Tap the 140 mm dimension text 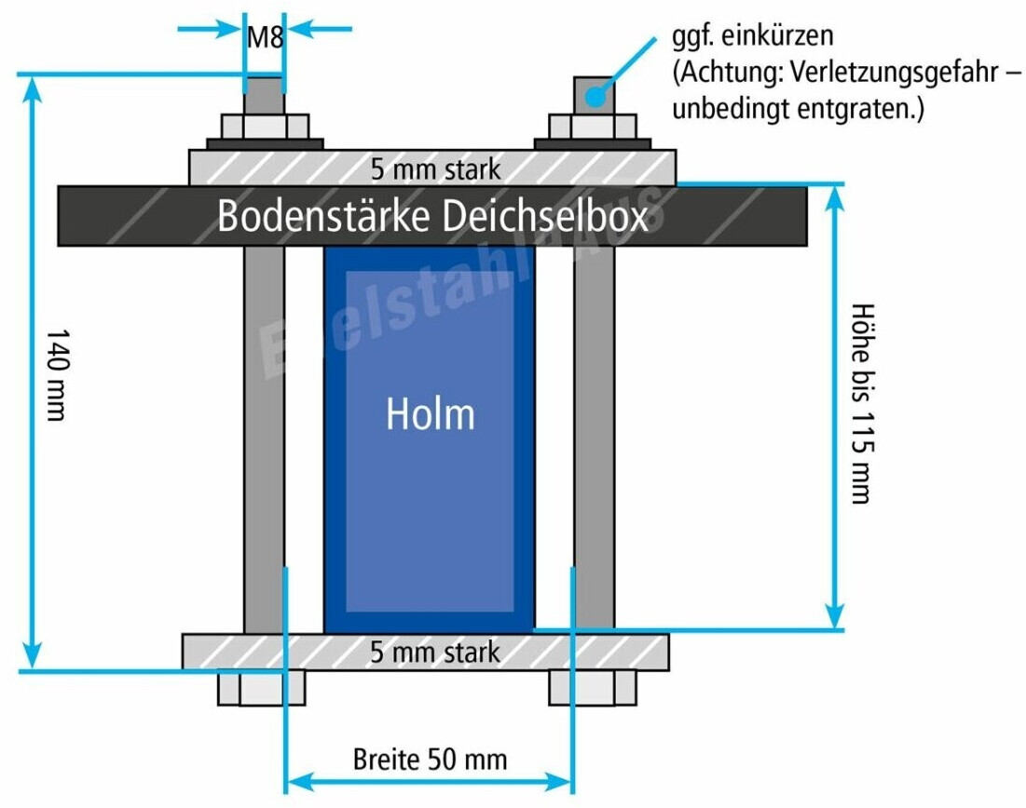click(x=56, y=373)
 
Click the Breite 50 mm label click(x=430, y=759)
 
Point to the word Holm click(x=431, y=414)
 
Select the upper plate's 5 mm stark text click(x=435, y=169)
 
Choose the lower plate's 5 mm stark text click(x=435, y=652)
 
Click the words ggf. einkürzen click(x=752, y=38)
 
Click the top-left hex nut click(x=265, y=126)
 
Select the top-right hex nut click(x=593, y=126)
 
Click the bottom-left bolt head click(x=261, y=687)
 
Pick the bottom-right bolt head click(x=593, y=687)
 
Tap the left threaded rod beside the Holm click(x=264, y=438)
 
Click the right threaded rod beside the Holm click(x=594, y=438)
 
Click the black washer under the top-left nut click(x=265, y=143)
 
